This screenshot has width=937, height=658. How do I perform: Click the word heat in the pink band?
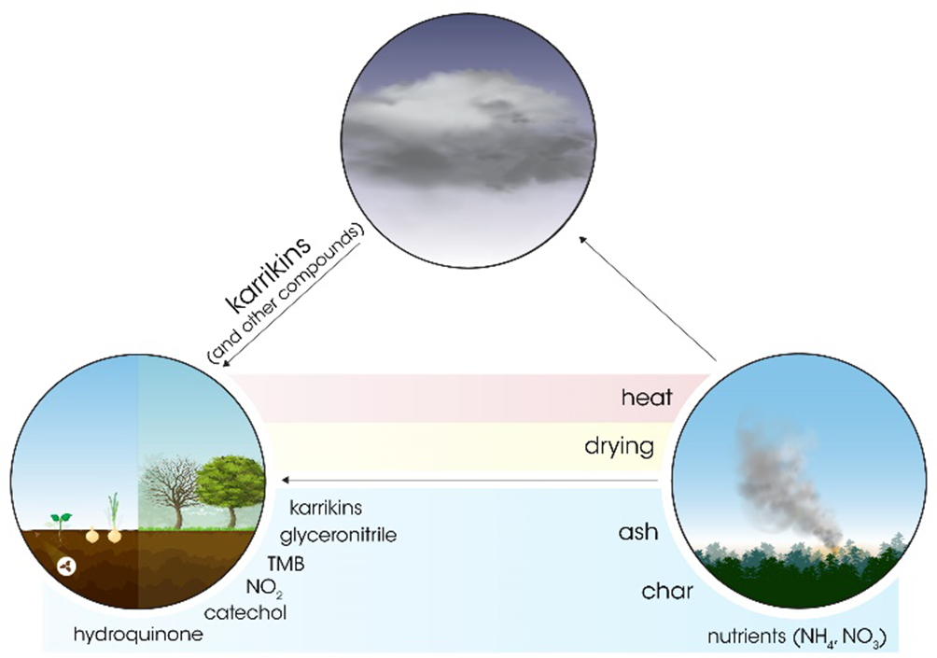point(647,398)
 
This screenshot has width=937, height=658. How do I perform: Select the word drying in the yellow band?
point(619,446)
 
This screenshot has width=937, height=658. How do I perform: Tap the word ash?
point(638,532)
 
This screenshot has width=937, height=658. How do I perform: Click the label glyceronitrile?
point(338,535)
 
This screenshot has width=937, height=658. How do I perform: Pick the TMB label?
point(286,564)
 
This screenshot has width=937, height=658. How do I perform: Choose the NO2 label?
point(264,589)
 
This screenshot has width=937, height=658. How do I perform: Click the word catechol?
point(245,612)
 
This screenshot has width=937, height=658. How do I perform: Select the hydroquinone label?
point(138,635)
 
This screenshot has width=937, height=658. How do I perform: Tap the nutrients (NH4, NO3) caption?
point(797,637)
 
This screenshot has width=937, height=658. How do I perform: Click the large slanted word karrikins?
point(269,275)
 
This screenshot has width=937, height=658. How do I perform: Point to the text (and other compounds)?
point(286,296)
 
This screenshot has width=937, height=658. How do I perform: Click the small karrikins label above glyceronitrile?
point(326,508)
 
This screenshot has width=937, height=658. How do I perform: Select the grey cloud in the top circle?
point(469,131)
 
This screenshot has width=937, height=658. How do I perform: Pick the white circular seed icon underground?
point(67,567)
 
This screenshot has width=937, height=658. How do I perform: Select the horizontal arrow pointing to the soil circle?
point(471,480)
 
